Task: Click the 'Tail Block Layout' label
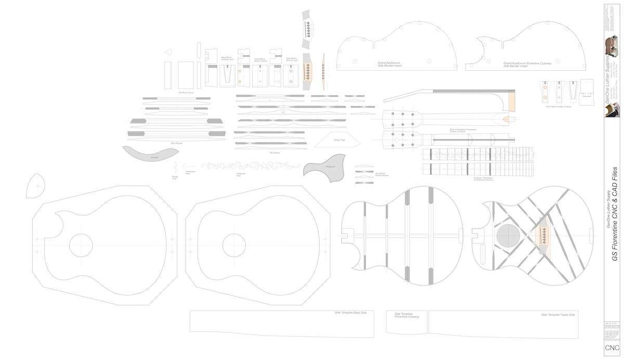186,93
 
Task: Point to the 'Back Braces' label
176,143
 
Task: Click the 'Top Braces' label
274,153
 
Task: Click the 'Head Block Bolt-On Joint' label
292,59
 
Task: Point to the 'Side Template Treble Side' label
557,315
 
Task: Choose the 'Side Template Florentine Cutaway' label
407,315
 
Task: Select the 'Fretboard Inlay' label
241,174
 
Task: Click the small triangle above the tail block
168,52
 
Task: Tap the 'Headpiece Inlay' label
190,172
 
